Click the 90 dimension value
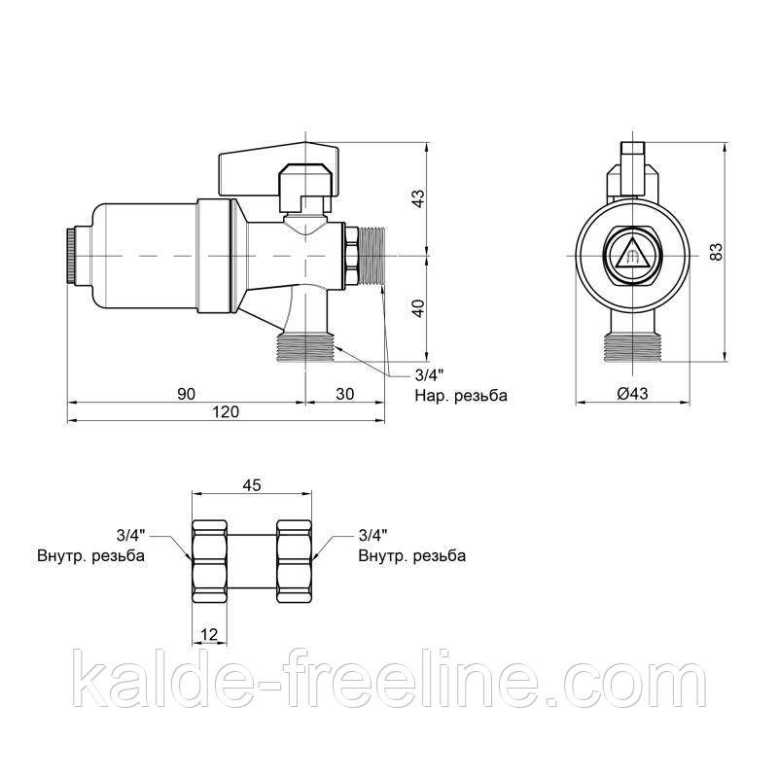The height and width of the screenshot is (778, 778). point(187,394)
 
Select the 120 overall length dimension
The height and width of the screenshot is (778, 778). point(226,412)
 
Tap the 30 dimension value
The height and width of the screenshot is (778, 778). point(345,394)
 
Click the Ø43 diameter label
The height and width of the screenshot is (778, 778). point(633,394)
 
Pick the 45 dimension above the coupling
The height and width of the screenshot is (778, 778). point(252,484)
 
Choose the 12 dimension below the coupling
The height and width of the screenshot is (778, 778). point(209,634)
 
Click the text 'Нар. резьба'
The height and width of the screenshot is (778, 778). point(461,396)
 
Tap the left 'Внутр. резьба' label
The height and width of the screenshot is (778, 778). point(90,555)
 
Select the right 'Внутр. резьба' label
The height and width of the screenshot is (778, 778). point(411,555)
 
